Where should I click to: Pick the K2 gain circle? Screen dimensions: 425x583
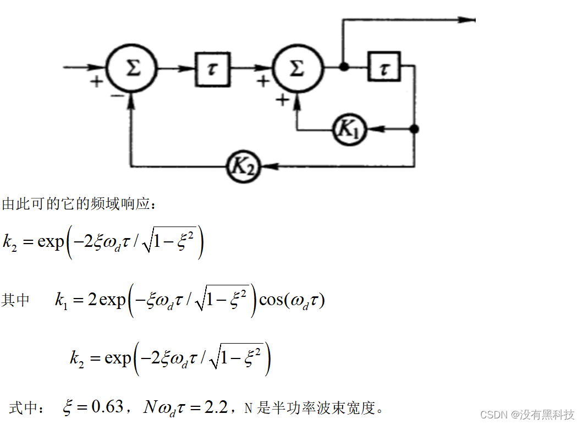pyautogui.click(x=244, y=165)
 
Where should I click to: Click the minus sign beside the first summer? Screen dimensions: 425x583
pyautogui.click(x=116, y=95)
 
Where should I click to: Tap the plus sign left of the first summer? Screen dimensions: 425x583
pyautogui.click(x=97, y=83)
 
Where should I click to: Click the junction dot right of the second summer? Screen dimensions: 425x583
pyautogui.click(x=344, y=68)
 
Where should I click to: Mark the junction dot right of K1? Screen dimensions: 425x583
pyautogui.click(x=415, y=129)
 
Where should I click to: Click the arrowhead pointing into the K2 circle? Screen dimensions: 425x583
pyautogui.click(x=264, y=165)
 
